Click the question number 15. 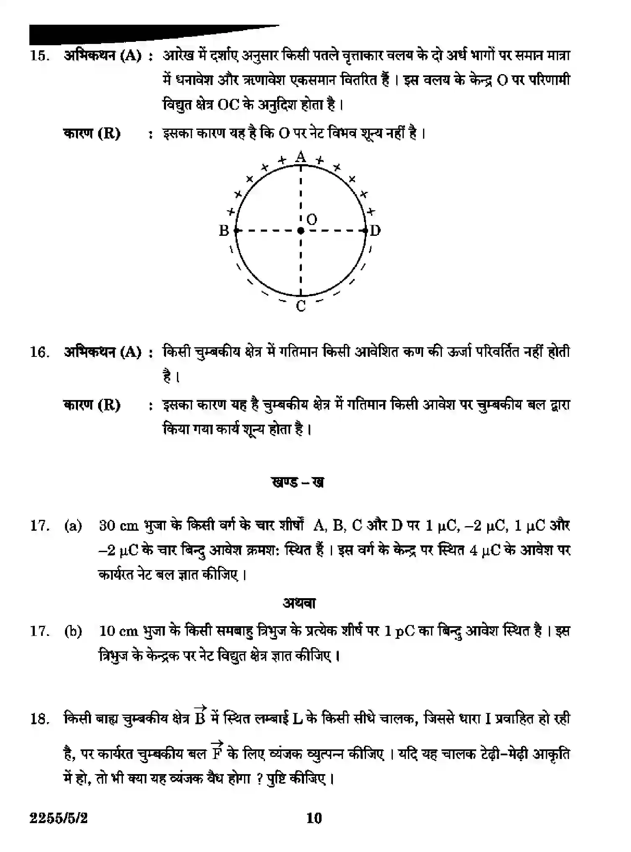pos(40,56)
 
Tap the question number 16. pos(40,352)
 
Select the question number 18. pos(40,719)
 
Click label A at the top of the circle pos(301,157)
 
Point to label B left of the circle pos(224,230)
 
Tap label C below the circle pos(301,306)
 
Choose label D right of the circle pos(375,230)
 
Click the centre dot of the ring pos(301,230)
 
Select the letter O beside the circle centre pos(312,219)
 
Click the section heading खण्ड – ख pos(298,483)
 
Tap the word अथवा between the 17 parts pos(299,603)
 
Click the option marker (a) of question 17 pos(73,526)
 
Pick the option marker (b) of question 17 pos(73,631)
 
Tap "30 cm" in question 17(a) pos(119,526)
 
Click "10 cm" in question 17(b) pos(119,631)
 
